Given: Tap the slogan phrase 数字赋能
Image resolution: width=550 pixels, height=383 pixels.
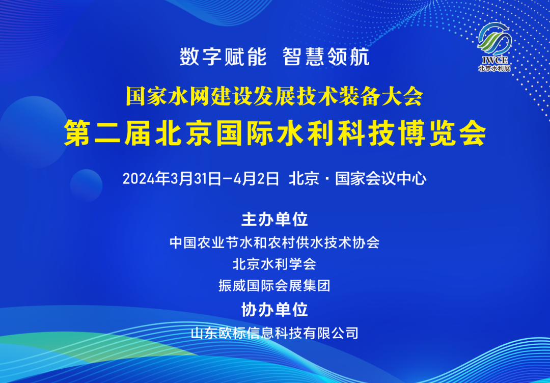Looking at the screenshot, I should click(x=223, y=57).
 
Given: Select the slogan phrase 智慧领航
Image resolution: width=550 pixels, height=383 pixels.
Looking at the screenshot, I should click(x=326, y=57).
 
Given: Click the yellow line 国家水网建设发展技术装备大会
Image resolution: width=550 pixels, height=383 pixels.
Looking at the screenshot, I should click(x=274, y=96).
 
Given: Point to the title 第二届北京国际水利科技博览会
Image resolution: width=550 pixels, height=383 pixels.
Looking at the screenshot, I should click(x=275, y=133).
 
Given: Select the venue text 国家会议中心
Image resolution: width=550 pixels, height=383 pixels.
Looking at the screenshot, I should click(x=380, y=179).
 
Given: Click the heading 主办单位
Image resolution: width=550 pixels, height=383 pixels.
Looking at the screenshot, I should click(x=274, y=220).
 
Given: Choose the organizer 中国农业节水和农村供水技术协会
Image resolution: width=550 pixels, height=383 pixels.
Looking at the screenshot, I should click(x=274, y=242).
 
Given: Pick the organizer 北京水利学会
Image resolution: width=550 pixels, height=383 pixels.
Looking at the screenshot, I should click(x=274, y=264).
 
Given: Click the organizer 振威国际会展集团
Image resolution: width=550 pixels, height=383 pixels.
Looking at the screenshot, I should click(x=274, y=286).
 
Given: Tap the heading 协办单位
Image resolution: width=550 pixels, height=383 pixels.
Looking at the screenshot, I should click(x=274, y=309).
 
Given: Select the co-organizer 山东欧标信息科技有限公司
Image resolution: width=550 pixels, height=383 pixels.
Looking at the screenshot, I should click(x=274, y=333).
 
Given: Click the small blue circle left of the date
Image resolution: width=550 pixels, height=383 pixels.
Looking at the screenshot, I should click(x=86, y=184).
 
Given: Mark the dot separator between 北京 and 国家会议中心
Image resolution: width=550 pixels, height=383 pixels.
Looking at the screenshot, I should click(x=327, y=179).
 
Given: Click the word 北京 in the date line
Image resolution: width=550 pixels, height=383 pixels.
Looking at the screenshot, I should click(x=304, y=179).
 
